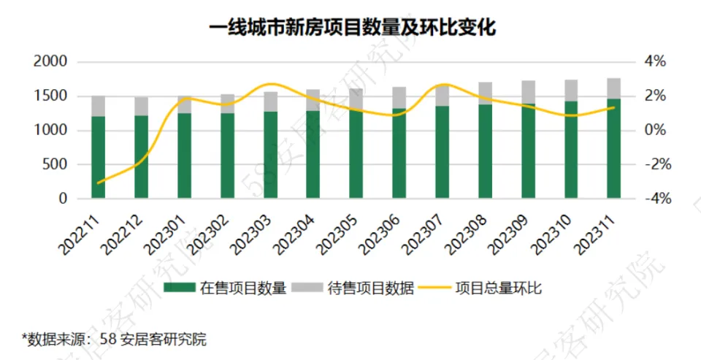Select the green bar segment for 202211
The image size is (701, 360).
(99, 157)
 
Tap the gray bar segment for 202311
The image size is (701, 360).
(614, 88)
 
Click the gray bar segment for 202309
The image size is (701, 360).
(528, 93)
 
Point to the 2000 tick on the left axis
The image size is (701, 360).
(51, 62)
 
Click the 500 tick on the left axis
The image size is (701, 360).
(55, 164)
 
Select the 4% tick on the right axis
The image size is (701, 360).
(654, 62)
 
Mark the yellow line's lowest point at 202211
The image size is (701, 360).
(99, 183)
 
